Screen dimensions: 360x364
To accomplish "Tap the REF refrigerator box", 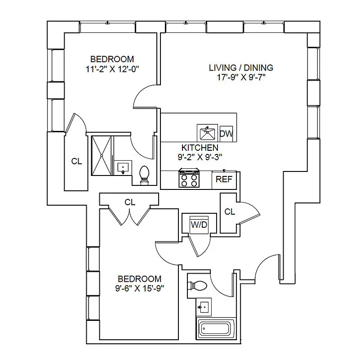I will [x=224, y=179].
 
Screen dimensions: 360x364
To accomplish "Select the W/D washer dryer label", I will [x=199, y=225].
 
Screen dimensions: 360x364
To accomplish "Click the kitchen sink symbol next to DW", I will [x=208, y=133].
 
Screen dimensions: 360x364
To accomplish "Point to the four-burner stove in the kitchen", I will [x=189, y=179].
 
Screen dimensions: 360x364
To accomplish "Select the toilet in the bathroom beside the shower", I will [x=144, y=175].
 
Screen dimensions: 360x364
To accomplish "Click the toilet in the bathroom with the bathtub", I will [x=197, y=285].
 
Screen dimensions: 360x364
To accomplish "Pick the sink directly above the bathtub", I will [x=204, y=307].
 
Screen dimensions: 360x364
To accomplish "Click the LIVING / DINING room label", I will [x=241, y=68].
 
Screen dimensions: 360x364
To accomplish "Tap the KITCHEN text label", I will [x=200, y=148].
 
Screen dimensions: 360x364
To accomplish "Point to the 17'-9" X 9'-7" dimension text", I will [x=241, y=77].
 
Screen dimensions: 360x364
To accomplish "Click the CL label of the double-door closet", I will [x=130, y=202].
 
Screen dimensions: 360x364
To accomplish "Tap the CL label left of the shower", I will [x=76, y=161].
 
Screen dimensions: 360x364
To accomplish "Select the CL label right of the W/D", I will [x=229, y=211].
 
